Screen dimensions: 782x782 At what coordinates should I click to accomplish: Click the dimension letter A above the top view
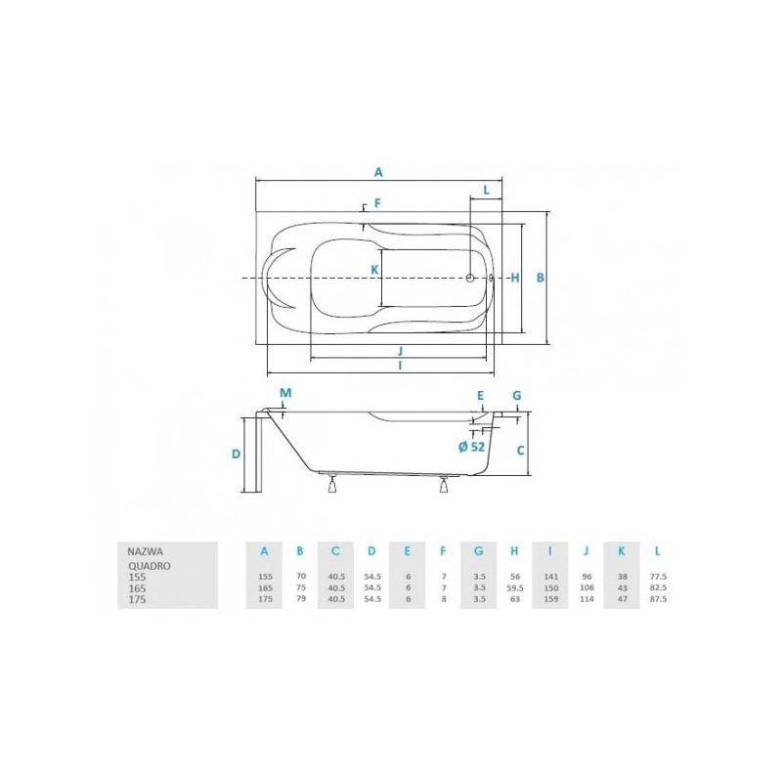point(378,171)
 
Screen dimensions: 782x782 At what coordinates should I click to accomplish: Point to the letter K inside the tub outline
point(372,268)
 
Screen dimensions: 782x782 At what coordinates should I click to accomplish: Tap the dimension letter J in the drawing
point(401,350)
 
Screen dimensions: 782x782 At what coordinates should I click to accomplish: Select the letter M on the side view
point(285,393)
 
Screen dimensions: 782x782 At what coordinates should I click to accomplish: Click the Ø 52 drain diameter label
point(471,446)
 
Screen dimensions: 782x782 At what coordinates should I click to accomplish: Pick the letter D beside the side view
point(236,454)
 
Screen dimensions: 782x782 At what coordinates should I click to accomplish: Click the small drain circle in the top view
point(469,278)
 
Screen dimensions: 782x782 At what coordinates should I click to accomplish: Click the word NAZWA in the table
point(133,550)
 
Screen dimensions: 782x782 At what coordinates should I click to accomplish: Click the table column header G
point(479,550)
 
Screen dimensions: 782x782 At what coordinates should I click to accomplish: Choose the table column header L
point(657,550)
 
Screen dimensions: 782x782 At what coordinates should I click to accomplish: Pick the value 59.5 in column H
point(514,588)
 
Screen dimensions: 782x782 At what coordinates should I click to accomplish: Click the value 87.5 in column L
point(657,599)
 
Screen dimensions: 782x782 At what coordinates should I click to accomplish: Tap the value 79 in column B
point(300,599)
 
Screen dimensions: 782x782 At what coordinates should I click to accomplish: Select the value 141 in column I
point(551,578)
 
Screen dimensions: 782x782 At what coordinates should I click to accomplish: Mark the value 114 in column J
point(586,599)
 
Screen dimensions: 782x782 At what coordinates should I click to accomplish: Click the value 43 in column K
point(622,588)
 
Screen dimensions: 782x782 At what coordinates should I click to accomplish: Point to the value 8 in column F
point(443,599)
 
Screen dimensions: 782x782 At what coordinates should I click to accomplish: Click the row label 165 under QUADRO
point(137,588)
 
